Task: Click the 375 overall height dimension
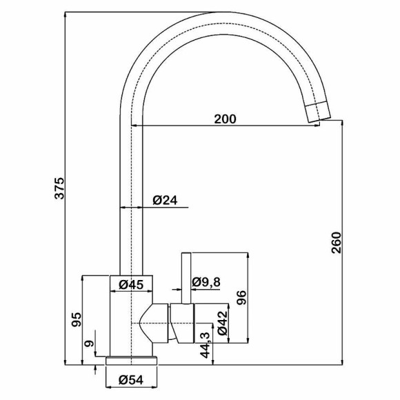60,188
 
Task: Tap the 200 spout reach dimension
226,119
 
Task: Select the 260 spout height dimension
337,242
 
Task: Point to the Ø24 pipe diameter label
165,200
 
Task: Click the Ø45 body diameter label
131,285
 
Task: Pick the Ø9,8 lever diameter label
206,282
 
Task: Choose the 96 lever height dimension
241,297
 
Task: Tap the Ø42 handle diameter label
222,323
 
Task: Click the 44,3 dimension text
205,345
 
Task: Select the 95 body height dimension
76,319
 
